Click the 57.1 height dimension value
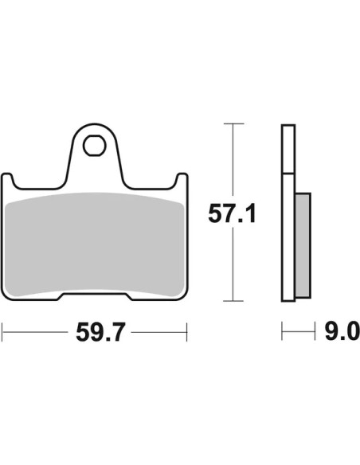(x=232, y=213)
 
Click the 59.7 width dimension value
(x=99, y=333)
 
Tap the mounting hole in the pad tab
(x=95, y=146)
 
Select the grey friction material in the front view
(x=95, y=244)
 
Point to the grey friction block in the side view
(x=303, y=245)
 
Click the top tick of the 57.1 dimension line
(x=233, y=123)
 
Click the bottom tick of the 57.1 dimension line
(x=233, y=301)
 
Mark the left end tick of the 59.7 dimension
(x=2, y=332)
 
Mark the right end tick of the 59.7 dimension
(x=187, y=332)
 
